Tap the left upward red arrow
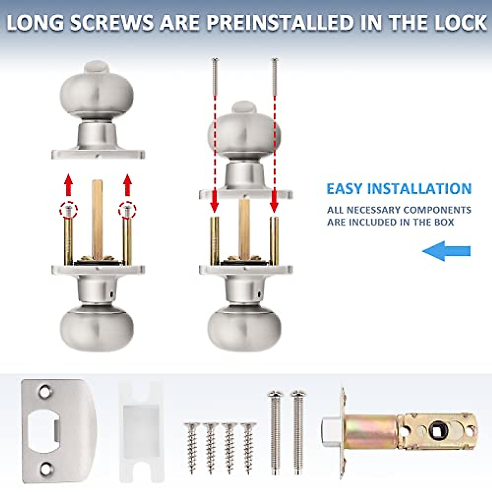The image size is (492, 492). pyautogui.click(x=68, y=184)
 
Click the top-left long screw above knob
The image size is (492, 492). pyautogui.click(x=214, y=76)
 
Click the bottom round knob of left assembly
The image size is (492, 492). pyautogui.click(x=97, y=327)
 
